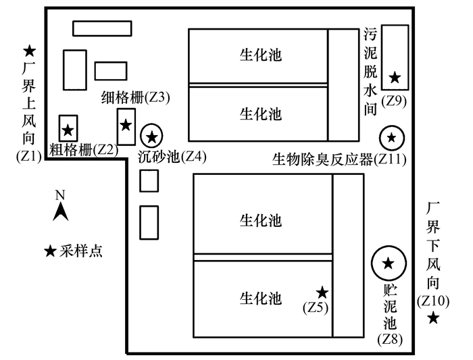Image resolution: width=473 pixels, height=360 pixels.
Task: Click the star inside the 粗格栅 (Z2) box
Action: [68, 130]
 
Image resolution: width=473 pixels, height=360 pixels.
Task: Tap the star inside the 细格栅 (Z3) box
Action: [126, 125]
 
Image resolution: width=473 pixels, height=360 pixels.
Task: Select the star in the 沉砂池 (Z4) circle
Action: [152, 137]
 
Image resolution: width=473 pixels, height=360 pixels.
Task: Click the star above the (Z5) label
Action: [323, 292]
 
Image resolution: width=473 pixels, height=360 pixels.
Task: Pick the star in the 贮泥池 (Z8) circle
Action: [388, 263]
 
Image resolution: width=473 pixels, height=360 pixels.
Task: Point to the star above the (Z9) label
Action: [395, 78]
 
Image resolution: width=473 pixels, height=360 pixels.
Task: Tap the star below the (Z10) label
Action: [433, 317]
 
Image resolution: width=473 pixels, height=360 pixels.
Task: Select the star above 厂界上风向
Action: [30, 51]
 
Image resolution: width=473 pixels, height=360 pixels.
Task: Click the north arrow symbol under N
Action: [60, 212]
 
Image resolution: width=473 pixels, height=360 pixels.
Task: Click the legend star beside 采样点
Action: [50, 251]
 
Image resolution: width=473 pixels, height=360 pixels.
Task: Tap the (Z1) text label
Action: [29, 157]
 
